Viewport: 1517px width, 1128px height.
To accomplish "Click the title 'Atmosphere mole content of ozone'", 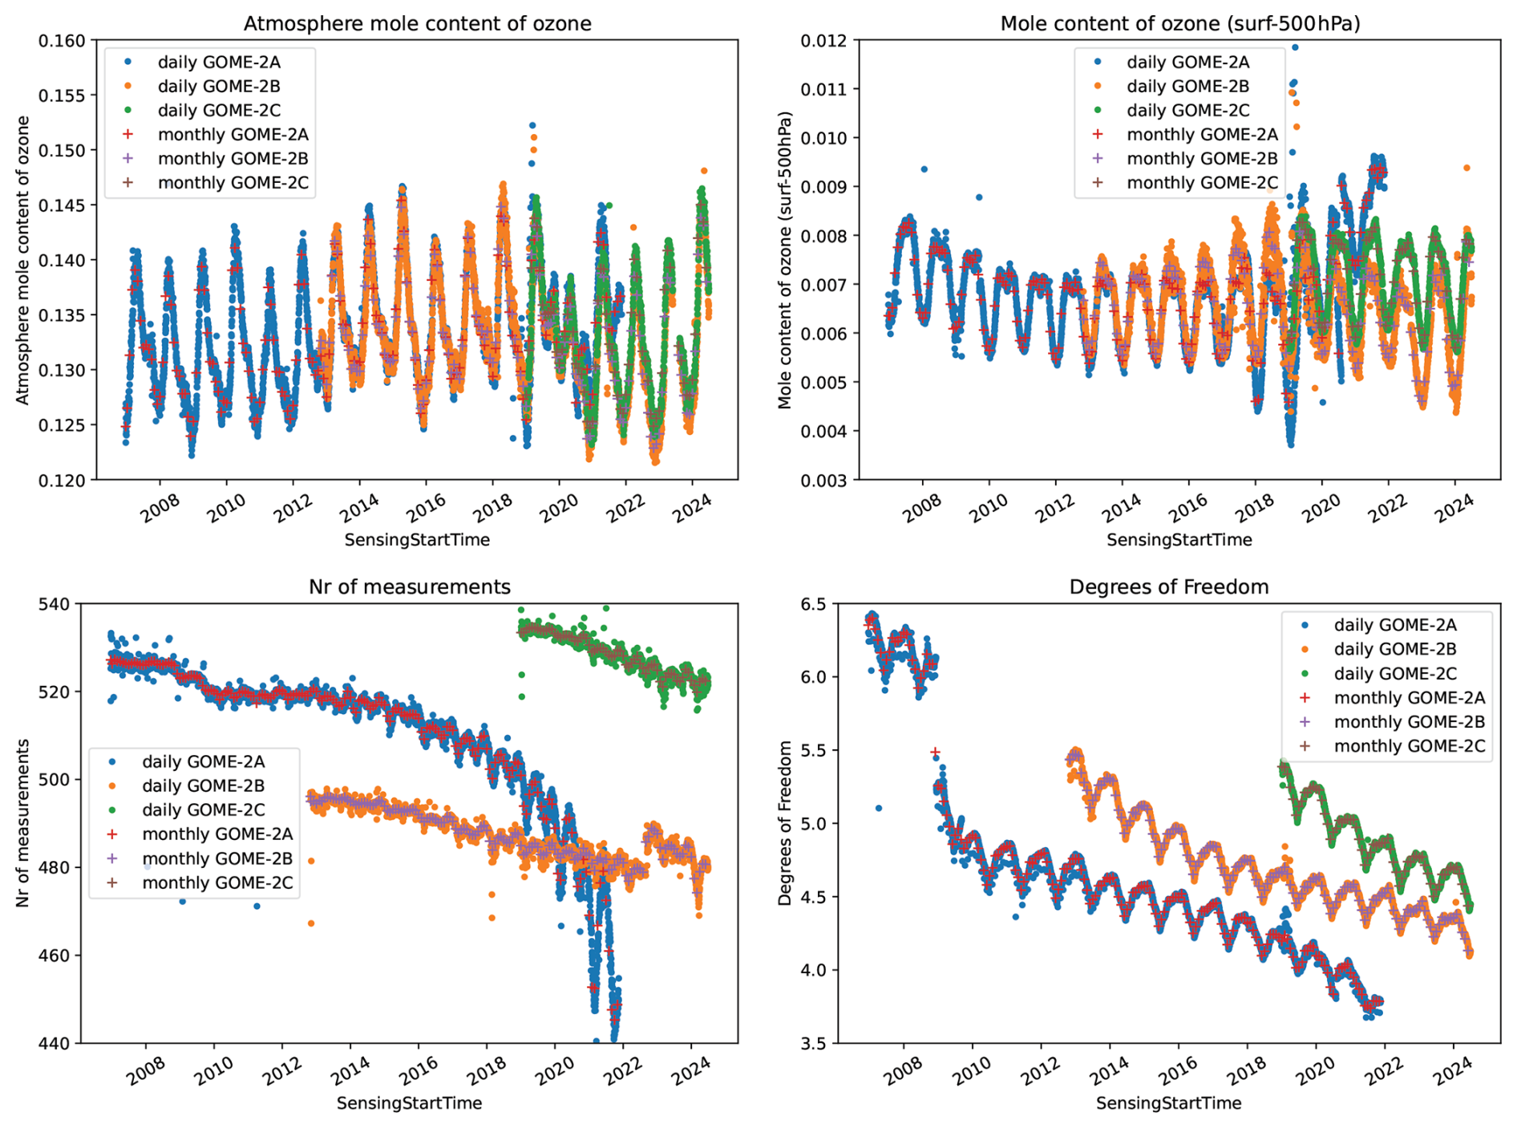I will click(x=417, y=24).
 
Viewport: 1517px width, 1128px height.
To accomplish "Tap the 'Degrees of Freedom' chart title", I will click(x=1168, y=587).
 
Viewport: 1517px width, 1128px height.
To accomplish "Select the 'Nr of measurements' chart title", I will click(x=409, y=587).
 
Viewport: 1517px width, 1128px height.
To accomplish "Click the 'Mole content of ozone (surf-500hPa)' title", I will click(x=1179, y=24).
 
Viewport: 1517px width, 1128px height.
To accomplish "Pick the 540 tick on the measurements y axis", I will click(x=55, y=603).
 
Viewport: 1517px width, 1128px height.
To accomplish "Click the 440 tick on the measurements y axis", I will click(x=55, y=1043).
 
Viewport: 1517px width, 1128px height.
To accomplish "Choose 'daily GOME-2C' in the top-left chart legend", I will click(x=219, y=110).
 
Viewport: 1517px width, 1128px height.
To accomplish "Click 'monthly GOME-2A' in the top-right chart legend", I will click(x=1202, y=134).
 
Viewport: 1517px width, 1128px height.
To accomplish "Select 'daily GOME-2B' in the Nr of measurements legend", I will click(x=203, y=785).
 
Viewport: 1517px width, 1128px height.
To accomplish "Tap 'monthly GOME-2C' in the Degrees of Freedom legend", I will click(x=1409, y=746).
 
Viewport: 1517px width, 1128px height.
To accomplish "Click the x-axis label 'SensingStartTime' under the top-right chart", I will click(x=1179, y=540).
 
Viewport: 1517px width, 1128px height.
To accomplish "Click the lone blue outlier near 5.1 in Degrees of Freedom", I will click(x=878, y=808).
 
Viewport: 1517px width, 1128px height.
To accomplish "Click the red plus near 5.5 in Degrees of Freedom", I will click(x=935, y=753).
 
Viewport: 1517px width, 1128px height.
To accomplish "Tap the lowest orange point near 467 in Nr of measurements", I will click(x=311, y=923).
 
